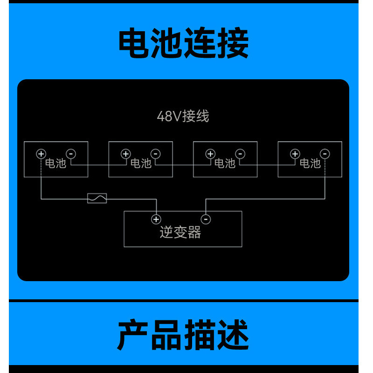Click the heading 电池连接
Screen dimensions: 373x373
click(x=183, y=43)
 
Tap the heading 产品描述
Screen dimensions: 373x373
click(x=183, y=335)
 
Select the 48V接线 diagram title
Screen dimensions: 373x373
click(x=183, y=116)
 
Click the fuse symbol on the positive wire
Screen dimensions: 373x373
click(x=97, y=199)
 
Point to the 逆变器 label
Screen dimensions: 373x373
click(x=180, y=232)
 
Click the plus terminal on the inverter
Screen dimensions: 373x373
click(x=156, y=219)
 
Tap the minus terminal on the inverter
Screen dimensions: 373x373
click(x=206, y=219)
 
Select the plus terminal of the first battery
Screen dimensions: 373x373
click(x=41, y=153)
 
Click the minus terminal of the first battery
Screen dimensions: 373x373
click(x=71, y=153)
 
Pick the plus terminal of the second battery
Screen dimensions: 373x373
click(x=125, y=153)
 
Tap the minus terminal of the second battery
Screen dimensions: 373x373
click(x=156, y=153)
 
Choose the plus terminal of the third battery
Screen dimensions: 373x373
click(x=210, y=153)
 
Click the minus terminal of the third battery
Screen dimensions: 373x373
click(x=240, y=153)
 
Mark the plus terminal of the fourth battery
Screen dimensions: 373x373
click(x=295, y=153)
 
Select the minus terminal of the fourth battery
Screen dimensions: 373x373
click(x=325, y=153)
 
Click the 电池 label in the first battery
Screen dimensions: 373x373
click(x=55, y=163)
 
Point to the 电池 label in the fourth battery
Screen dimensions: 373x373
click(x=310, y=163)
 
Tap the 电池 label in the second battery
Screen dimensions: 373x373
click(x=140, y=163)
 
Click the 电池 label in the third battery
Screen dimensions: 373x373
click(x=225, y=163)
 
